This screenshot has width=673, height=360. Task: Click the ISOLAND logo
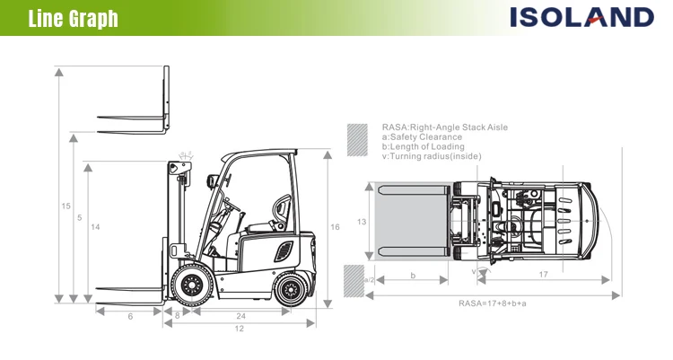coord(582,17)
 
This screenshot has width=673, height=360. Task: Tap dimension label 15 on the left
coord(66,206)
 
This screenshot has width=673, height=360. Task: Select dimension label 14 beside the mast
coord(94,227)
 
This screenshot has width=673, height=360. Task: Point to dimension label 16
coord(335,227)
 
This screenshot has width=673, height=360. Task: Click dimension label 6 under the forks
coord(130,316)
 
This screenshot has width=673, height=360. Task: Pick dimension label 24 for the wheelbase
coord(240,316)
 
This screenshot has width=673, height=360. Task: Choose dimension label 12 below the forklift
coord(240,329)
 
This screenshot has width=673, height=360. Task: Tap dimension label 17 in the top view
coord(545,276)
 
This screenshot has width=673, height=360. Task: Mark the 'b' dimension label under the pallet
coord(413,276)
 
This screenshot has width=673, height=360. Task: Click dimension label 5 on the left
coord(80,217)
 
